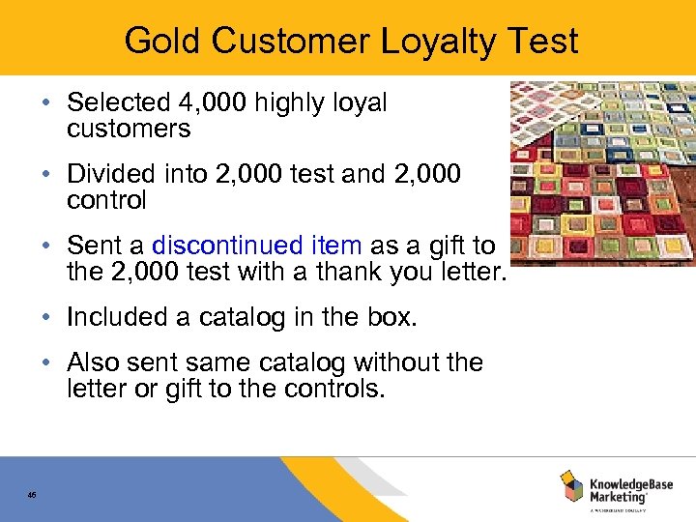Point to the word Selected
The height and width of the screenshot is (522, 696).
(x=106, y=102)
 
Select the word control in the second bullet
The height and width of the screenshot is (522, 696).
(x=106, y=200)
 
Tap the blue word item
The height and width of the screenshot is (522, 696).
(x=336, y=246)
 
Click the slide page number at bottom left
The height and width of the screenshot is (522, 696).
(x=32, y=495)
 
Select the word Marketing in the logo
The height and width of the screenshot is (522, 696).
(x=619, y=497)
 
